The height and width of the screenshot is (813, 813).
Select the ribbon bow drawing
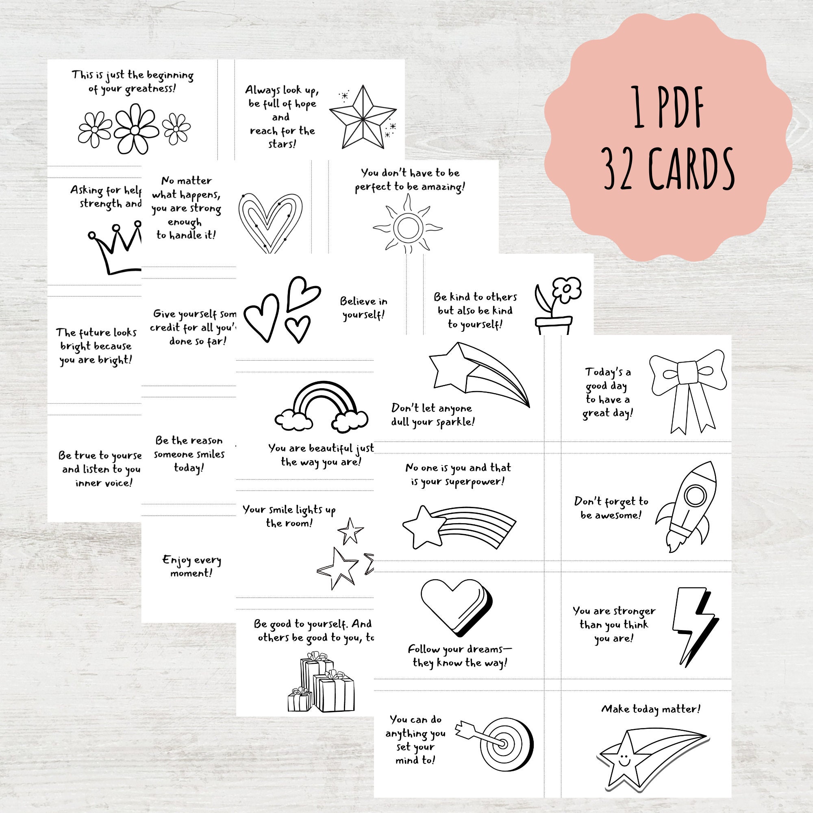click(687, 389)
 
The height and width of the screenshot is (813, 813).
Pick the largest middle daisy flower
click(135, 130)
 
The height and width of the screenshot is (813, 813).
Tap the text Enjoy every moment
click(191, 566)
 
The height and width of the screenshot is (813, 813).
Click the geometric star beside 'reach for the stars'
click(362, 118)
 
